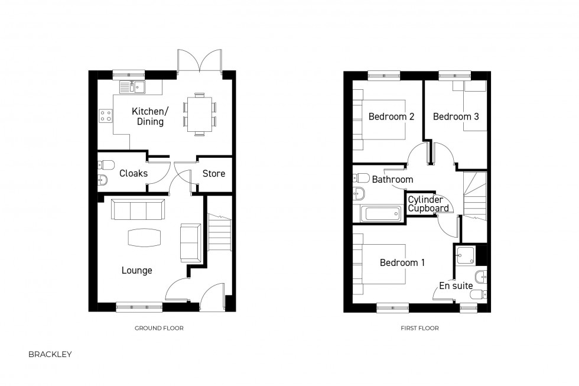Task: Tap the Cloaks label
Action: [133, 173]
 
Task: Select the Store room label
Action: [213, 173]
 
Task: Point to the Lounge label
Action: [136, 271]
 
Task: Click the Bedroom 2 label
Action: [391, 116]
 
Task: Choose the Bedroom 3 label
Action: [456, 116]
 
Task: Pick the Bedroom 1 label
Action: [402, 262]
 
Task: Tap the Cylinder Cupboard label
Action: [428, 204]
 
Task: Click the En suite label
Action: [456, 286]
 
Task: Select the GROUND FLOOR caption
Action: [159, 328]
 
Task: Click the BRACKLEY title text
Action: [50, 355]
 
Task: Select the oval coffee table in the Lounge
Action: [144, 237]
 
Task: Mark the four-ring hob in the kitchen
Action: [106, 115]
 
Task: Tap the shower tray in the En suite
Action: [464, 255]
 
